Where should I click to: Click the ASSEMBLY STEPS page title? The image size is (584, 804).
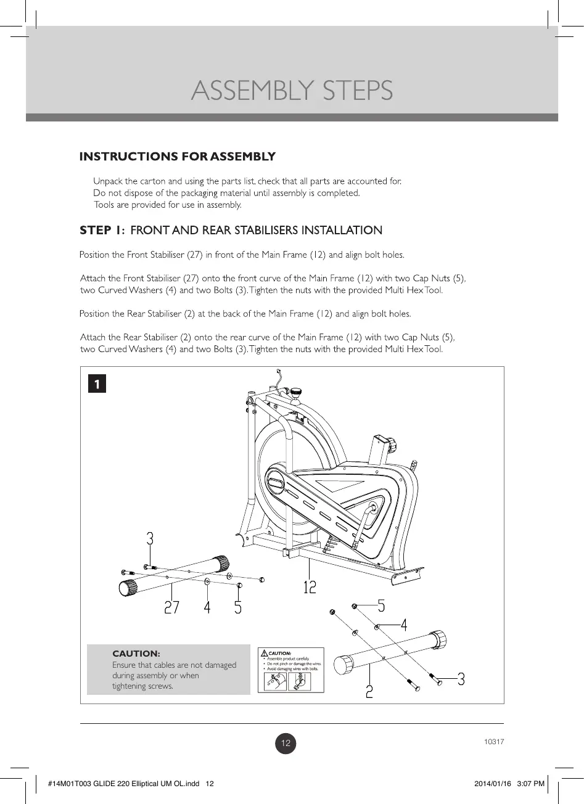[x=292, y=91]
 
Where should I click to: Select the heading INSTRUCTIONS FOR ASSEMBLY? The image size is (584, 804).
[x=177, y=157]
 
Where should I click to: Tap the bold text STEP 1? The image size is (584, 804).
[x=102, y=231]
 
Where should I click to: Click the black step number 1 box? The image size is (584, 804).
[x=96, y=384]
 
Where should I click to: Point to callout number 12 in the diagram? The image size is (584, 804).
[x=310, y=587]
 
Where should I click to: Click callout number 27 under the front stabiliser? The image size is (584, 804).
[x=171, y=607]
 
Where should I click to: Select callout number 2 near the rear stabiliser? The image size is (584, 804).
[x=369, y=691]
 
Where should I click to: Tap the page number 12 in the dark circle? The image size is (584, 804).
[x=286, y=744]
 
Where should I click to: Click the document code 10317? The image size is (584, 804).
[x=494, y=742]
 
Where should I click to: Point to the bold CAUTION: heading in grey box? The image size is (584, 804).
[x=136, y=654]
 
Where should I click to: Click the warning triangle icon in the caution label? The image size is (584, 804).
[x=264, y=653]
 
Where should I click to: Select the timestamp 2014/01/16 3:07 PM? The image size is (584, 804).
[x=509, y=784]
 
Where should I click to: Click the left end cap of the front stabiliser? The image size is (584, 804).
[x=128, y=588]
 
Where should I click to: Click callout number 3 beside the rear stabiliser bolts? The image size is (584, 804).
[x=461, y=679]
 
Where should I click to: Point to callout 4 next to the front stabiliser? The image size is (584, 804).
[x=207, y=607]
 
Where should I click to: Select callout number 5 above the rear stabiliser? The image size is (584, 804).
[x=381, y=606]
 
